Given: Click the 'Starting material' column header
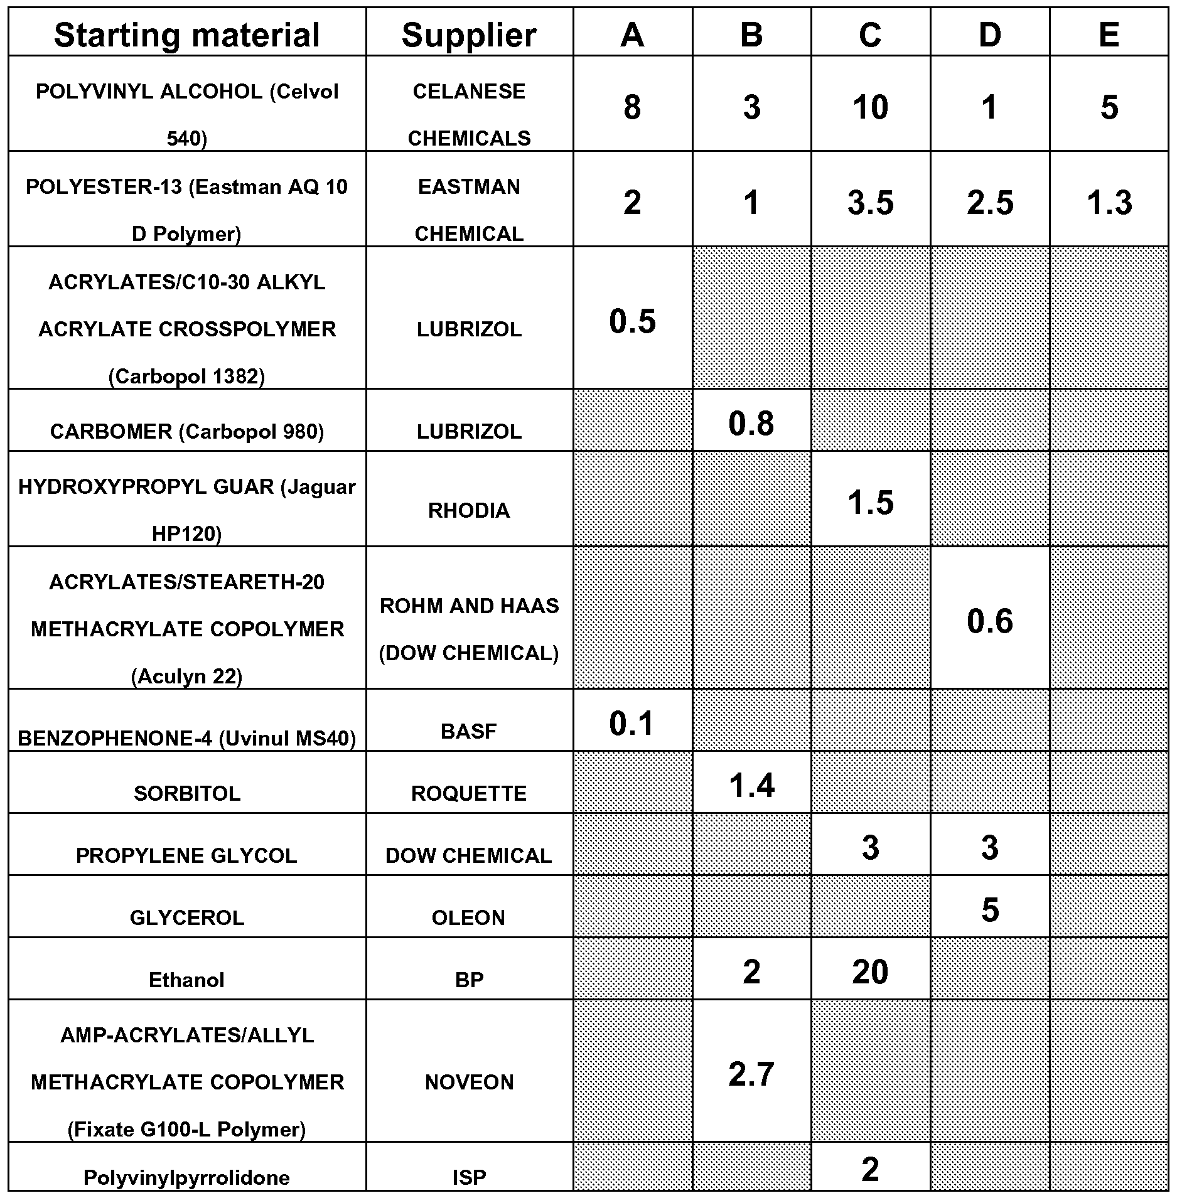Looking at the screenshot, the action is pyautogui.click(x=186, y=35).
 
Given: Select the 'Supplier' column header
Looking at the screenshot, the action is pyautogui.click(x=469, y=35).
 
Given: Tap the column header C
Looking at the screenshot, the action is pyautogui.click(x=870, y=35).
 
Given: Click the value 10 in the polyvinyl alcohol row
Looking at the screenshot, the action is pyautogui.click(x=870, y=107).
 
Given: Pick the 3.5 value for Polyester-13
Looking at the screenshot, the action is pyautogui.click(x=870, y=203).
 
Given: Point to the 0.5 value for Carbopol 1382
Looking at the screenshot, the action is pyautogui.click(x=632, y=321).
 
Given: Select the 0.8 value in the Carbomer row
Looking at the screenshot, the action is pyautogui.click(x=751, y=424).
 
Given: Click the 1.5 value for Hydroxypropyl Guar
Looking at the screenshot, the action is pyautogui.click(x=870, y=503).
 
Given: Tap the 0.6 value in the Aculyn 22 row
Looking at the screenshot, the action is pyautogui.click(x=989, y=621).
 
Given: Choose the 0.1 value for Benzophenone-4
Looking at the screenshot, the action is pyautogui.click(x=632, y=724).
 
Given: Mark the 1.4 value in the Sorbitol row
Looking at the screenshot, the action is pyautogui.click(x=751, y=785).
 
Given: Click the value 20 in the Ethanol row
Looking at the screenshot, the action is pyautogui.click(x=870, y=971).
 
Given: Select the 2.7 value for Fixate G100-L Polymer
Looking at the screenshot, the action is pyautogui.click(x=751, y=1074).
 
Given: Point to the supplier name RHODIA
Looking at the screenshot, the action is pyautogui.click(x=469, y=510).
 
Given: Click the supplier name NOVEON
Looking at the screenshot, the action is pyautogui.click(x=469, y=1082).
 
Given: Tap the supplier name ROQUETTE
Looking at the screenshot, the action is pyautogui.click(x=469, y=793).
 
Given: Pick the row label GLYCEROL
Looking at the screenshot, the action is pyautogui.click(x=186, y=917).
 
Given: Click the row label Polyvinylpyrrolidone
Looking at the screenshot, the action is pyautogui.click(x=186, y=1177).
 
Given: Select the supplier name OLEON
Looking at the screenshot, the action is pyautogui.click(x=469, y=917).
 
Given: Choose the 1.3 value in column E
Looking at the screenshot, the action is pyautogui.click(x=1109, y=203).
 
